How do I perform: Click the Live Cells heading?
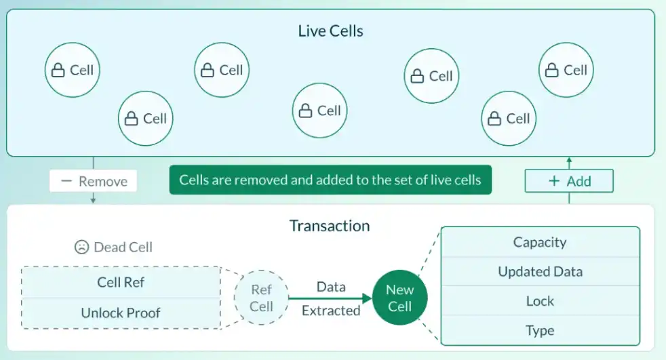pyautogui.click(x=330, y=31)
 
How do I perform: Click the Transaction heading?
pyautogui.click(x=330, y=226)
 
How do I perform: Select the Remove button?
pyautogui.click(x=93, y=182)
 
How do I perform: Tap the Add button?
pyautogui.click(x=569, y=182)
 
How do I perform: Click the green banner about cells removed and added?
pyautogui.click(x=330, y=180)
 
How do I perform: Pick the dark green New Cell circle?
pyautogui.click(x=399, y=298)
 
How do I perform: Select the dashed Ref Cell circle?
pyautogui.click(x=261, y=298)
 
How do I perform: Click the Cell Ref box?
pyautogui.click(x=121, y=282)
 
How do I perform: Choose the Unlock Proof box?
pyautogui.click(x=121, y=313)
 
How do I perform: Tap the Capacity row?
pyautogui.click(x=540, y=242)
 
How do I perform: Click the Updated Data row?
pyautogui.click(x=540, y=272)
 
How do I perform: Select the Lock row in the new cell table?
pyautogui.click(x=540, y=301)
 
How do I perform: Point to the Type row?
pyautogui.click(x=540, y=331)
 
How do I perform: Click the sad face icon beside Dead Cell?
pyautogui.click(x=82, y=247)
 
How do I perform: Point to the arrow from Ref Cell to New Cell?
pyautogui.click(x=330, y=298)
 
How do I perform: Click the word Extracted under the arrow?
pyautogui.click(x=331, y=311)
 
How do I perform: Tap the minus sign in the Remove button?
pyautogui.click(x=66, y=182)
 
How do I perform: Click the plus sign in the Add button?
pyautogui.click(x=554, y=182)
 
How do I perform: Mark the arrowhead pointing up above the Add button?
pyautogui.click(x=569, y=161)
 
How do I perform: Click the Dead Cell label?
pyautogui.click(x=123, y=247)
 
